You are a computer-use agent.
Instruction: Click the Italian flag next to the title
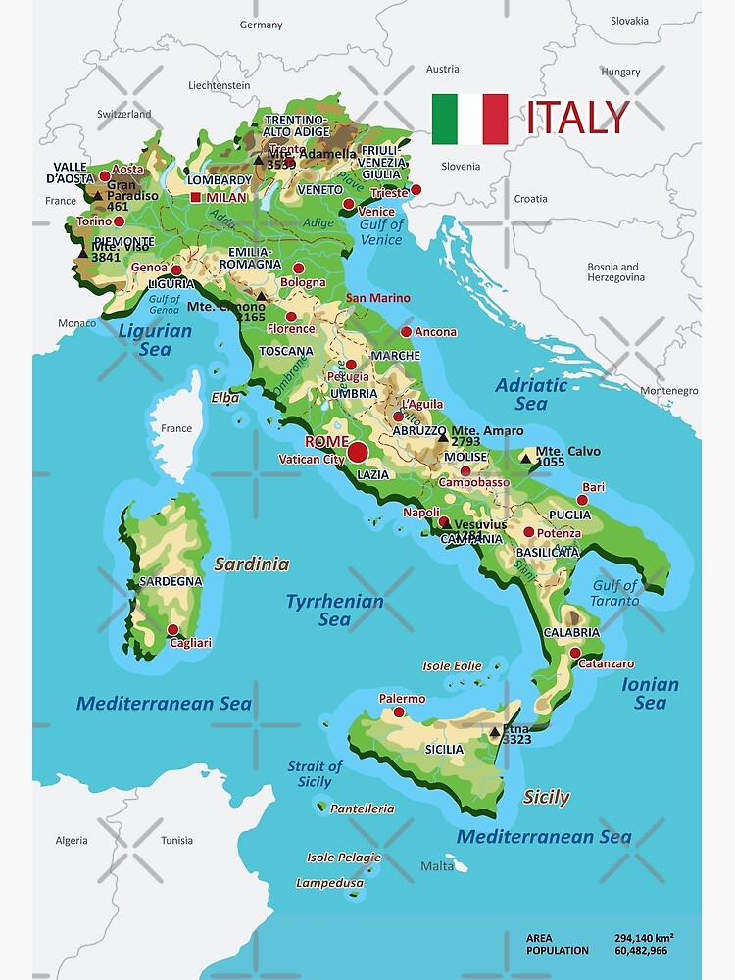click(469, 119)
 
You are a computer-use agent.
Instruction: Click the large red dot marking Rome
click(358, 452)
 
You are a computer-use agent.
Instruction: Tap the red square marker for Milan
click(196, 198)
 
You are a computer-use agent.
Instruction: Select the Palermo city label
click(403, 699)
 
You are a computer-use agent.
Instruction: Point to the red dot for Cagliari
click(173, 629)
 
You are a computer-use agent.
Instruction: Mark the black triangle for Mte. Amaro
click(442, 437)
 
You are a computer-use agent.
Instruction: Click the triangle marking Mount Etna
click(495, 731)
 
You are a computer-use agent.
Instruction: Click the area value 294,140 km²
click(644, 937)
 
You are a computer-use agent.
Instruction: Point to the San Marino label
click(377, 298)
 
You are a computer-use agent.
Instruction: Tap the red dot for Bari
click(582, 500)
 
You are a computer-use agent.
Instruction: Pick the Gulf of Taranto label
click(614, 593)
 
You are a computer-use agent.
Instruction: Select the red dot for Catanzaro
click(574, 652)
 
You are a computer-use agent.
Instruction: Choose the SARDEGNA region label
click(171, 581)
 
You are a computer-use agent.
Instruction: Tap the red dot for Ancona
click(406, 332)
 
